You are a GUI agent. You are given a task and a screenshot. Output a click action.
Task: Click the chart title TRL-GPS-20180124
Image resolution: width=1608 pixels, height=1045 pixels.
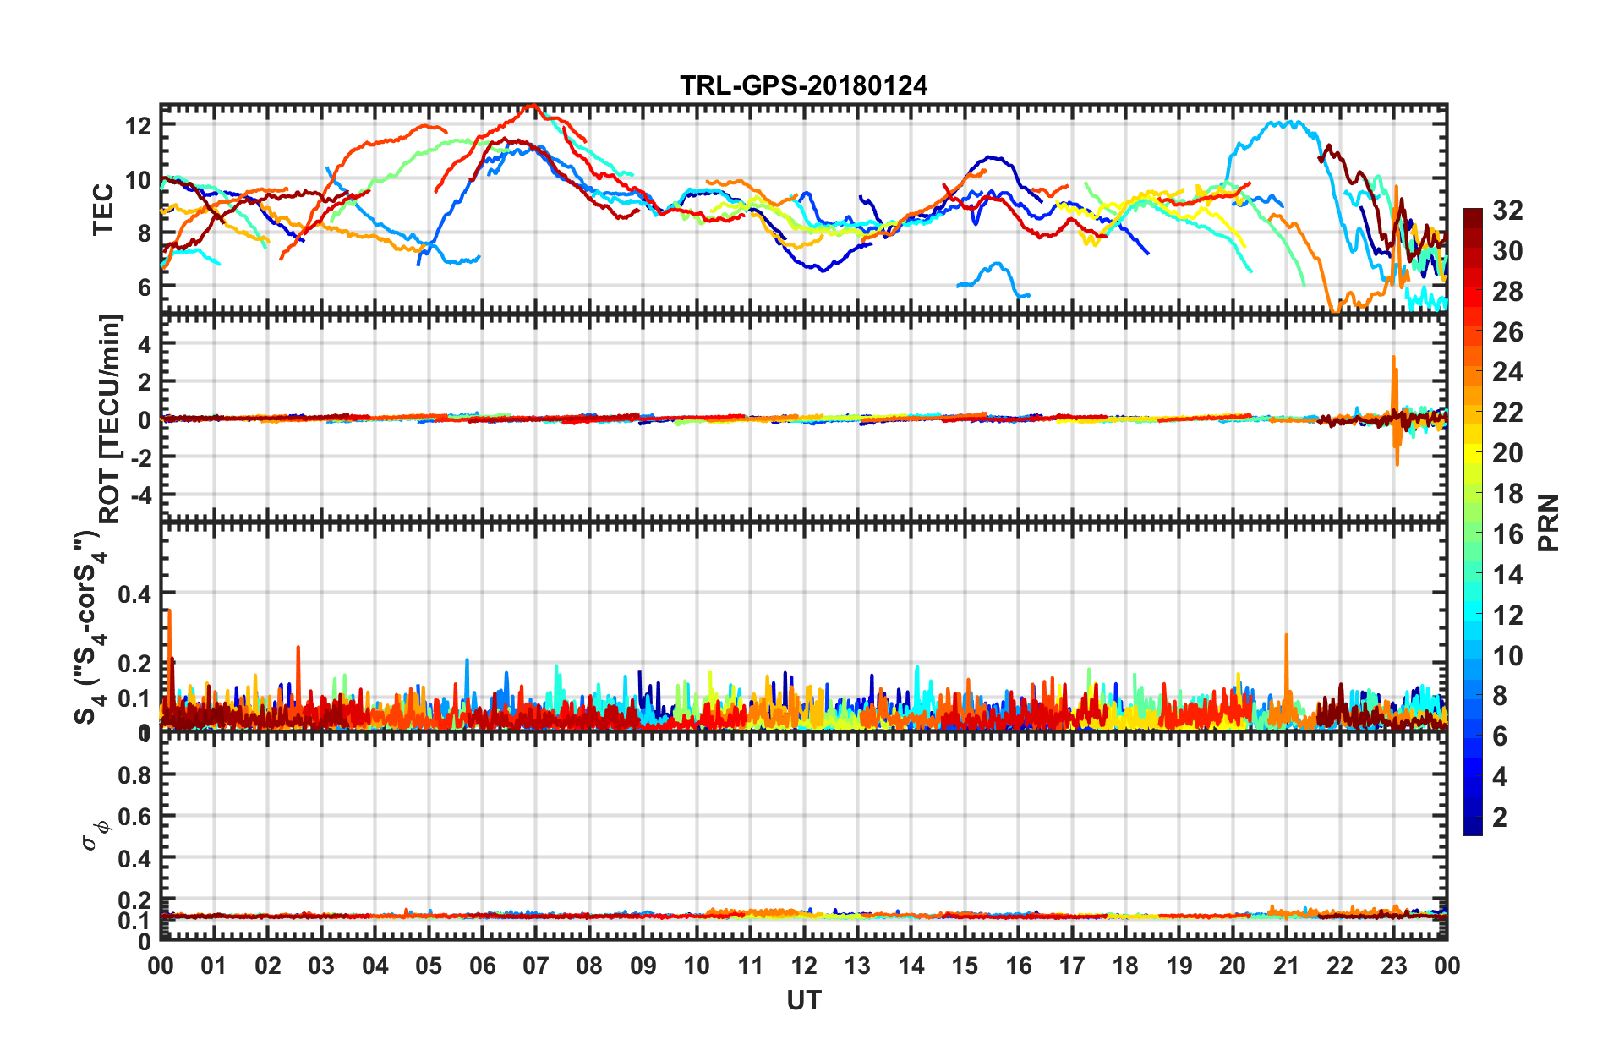point(803,85)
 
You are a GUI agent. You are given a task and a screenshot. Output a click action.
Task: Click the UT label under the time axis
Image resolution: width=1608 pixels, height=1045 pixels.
point(803,1001)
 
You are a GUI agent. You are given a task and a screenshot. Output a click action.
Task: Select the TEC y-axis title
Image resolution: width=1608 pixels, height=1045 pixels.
point(103,209)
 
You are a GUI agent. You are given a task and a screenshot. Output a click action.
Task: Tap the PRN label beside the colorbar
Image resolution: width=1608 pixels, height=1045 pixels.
point(1548,522)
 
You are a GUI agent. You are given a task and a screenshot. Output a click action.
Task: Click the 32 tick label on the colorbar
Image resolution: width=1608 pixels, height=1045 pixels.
point(1507,211)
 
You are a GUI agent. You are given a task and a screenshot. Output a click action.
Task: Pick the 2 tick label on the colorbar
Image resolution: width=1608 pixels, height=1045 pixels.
point(1500,818)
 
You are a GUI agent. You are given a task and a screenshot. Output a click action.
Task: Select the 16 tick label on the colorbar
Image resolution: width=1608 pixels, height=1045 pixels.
point(1507,534)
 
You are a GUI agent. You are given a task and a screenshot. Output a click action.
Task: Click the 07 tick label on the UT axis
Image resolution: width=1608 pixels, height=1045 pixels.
point(535,966)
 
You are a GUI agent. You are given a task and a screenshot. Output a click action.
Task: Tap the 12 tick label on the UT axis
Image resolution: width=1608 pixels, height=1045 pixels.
point(804,966)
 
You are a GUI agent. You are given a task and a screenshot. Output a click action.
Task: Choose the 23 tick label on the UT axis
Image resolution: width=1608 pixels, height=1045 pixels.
point(1393,966)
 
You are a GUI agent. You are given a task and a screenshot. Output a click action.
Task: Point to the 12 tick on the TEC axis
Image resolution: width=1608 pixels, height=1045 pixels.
point(138,127)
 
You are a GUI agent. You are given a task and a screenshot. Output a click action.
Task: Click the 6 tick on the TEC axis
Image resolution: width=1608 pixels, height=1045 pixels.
point(144,287)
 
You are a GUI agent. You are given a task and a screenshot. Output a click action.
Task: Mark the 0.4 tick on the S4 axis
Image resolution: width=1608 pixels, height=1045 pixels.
point(134,594)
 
